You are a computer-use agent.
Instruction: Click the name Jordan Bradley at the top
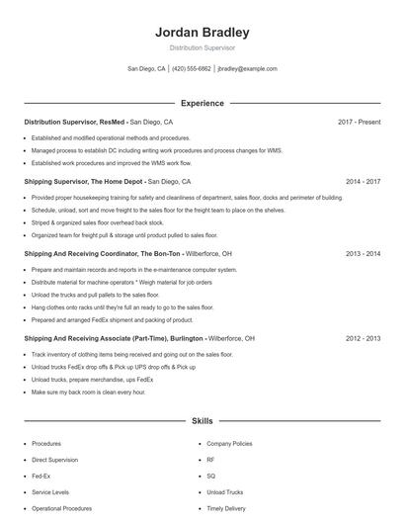pos(202,32)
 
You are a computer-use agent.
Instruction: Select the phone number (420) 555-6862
pos(192,69)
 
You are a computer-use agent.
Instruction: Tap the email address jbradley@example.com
pos(247,69)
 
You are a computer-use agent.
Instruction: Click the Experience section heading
pos(202,103)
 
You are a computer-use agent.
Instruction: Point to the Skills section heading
pos(202,421)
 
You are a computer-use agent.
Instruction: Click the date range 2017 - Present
pos(359,122)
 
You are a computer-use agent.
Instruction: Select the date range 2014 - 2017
pos(363,182)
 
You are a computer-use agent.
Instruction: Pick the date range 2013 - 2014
pos(363,254)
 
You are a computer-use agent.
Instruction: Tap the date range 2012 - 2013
pos(363,338)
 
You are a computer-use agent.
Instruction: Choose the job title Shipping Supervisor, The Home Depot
pos(84,182)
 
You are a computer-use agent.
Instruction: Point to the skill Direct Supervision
pos(55,460)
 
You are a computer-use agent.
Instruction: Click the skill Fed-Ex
pos(41,476)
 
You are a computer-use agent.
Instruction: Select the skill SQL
pos(211,476)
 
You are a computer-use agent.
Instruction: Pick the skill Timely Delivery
pos(227,508)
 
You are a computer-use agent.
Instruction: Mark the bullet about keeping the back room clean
pos(88,393)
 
